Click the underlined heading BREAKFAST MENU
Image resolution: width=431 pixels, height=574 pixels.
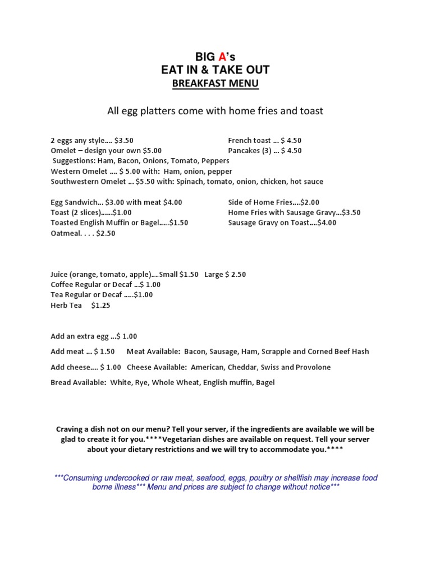[x=215, y=84]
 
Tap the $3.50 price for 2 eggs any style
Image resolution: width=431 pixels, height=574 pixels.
[x=123, y=141]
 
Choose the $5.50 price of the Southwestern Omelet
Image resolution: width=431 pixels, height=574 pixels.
[x=145, y=182]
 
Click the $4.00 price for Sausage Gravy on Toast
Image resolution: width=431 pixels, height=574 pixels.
[x=327, y=223]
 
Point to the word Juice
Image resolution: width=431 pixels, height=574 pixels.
[x=59, y=275]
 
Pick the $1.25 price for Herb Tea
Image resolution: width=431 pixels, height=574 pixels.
[x=100, y=305]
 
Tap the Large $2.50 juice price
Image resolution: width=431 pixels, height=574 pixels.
[x=225, y=275]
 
